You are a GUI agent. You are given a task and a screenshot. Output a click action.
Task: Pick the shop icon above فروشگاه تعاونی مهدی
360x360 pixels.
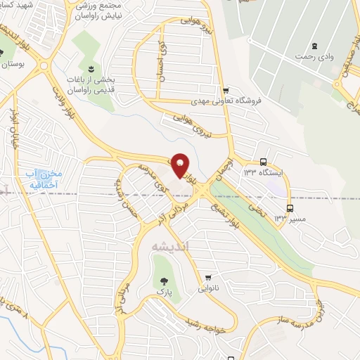225,90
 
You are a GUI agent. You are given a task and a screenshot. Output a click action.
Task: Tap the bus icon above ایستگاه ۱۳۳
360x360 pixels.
262,160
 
